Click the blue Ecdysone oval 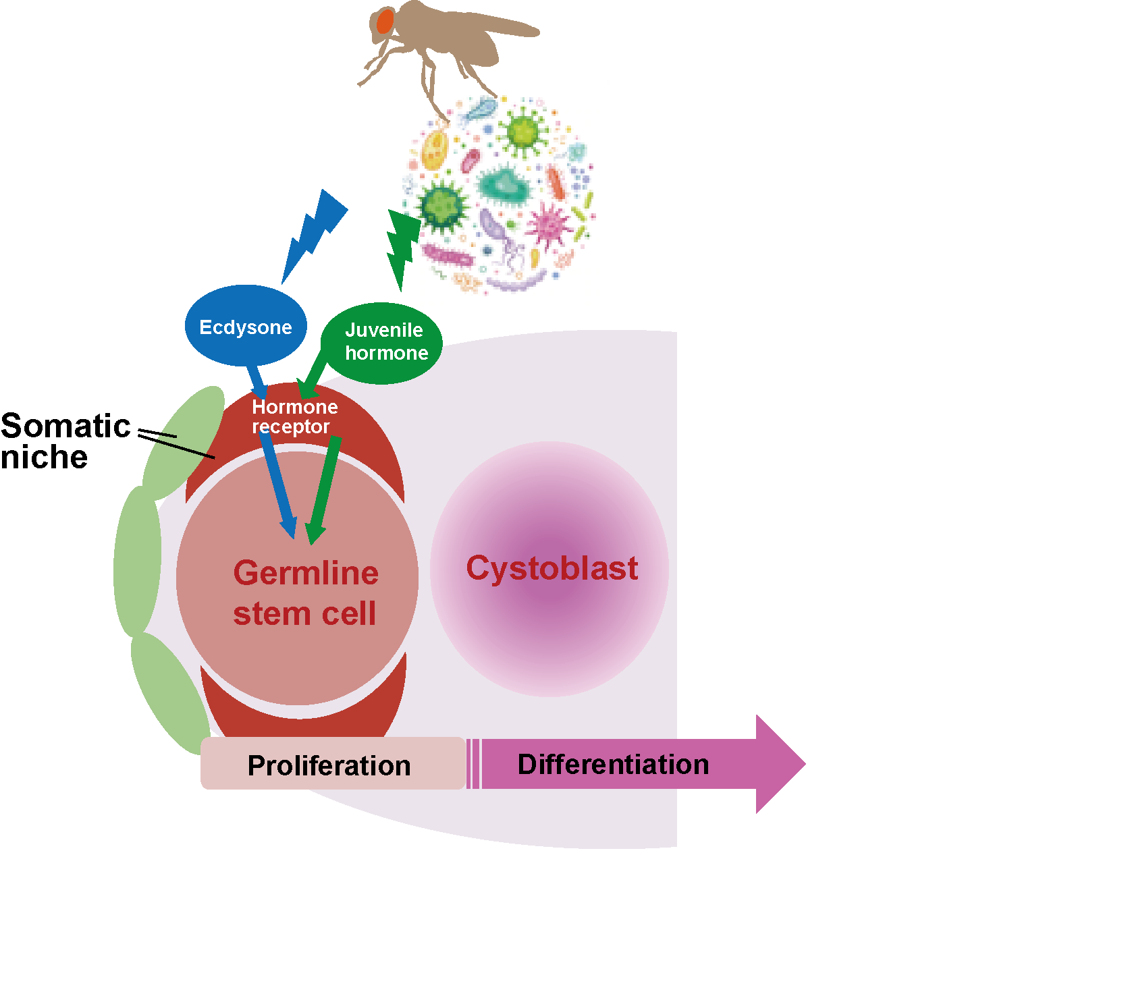click(x=246, y=327)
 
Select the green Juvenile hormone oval click(x=382, y=343)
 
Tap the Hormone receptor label click(x=294, y=416)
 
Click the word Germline click(x=306, y=573)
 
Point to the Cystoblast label click(x=552, y=568)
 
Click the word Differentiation click(x=613, y=765)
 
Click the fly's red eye click(x=385, y=22)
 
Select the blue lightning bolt click(x=313, y=233)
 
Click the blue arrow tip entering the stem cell click(x=290, y=530)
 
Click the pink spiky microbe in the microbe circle click(x=550, y=223)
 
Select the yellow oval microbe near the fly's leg click(x=435, y=149)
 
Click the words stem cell click(x=304, y=614)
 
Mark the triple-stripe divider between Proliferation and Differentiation click(x=473, y=764)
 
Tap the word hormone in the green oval click(x=386, y=353)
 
